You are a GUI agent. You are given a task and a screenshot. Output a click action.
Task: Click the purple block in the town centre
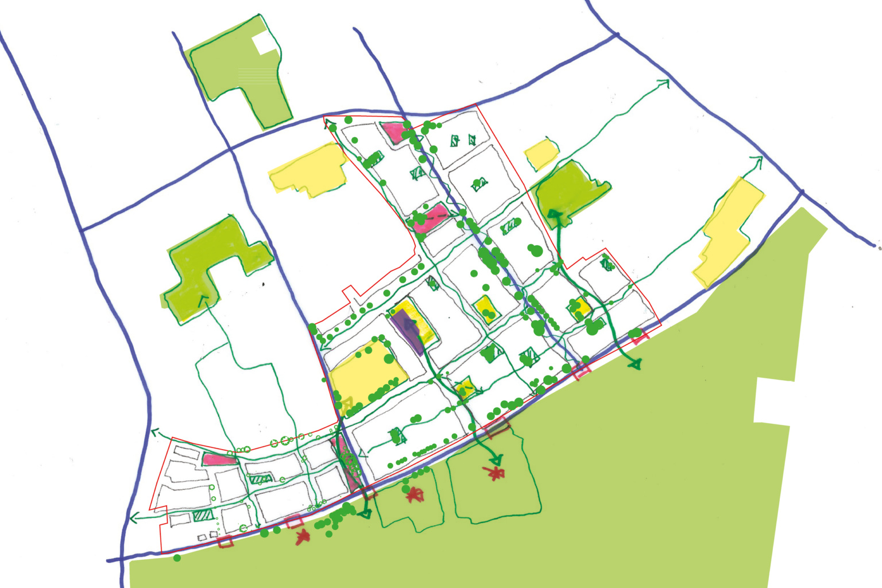(408, 332)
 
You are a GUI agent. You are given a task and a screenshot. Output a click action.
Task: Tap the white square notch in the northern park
(264, 42)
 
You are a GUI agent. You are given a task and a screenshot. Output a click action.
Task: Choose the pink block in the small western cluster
(218, 459)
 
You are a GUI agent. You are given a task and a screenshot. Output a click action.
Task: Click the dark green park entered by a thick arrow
(568, 192)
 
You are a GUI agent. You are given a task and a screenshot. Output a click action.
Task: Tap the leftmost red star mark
(302, 537)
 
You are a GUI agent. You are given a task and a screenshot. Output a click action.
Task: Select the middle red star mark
(415, 494)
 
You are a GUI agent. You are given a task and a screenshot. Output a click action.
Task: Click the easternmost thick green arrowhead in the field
(635, 364)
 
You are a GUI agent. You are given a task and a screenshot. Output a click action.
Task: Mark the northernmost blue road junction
(617, 36)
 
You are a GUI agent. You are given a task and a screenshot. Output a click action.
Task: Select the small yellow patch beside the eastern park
(541, 154)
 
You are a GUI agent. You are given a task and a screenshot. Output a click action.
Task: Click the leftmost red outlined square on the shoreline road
(226, 541)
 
